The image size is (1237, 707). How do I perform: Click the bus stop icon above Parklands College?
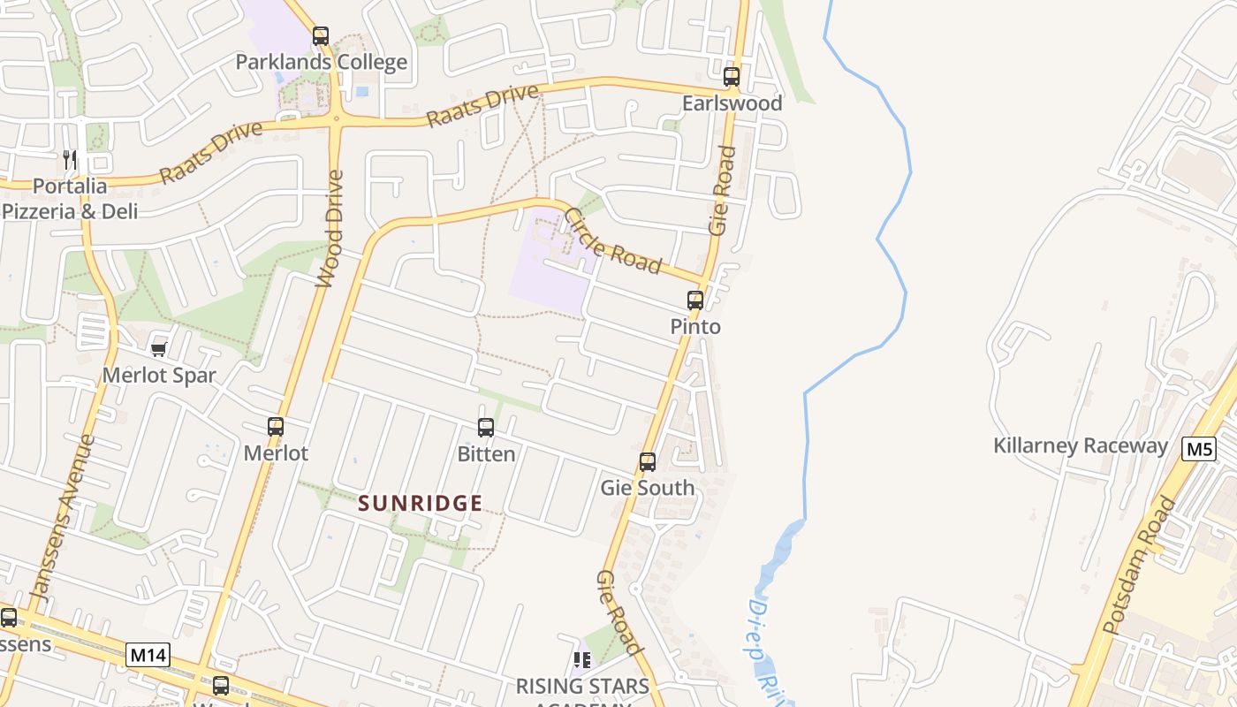[x=321, y=36]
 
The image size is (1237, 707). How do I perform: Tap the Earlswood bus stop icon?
[x=732, y=77]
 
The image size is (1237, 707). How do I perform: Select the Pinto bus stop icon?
[x=695, y=300]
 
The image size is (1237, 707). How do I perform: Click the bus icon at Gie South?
[x=648, y=462]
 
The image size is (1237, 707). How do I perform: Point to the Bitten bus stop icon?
[x=486, y=428]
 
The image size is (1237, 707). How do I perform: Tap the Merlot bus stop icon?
[x=276, y=427]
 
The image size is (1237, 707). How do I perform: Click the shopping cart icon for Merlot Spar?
[x=159, y=350]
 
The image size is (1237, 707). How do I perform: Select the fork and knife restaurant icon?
[x=70, y=160]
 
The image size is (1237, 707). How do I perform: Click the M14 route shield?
[x=148, y=655]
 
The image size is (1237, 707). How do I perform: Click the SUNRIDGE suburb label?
[x=421, y=504]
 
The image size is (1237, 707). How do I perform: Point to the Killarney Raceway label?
[x=1081, y=445]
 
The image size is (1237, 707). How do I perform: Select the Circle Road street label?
[x=612, y=240]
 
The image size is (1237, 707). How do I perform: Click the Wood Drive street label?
[x=330, y=229]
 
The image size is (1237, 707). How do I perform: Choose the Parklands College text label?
[x=322, y=62]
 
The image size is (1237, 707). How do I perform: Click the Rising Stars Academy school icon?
[x=582, y=660]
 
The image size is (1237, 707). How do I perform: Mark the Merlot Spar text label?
[x=159, y=375]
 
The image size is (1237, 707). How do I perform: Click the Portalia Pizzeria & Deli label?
[x=70, y=199]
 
